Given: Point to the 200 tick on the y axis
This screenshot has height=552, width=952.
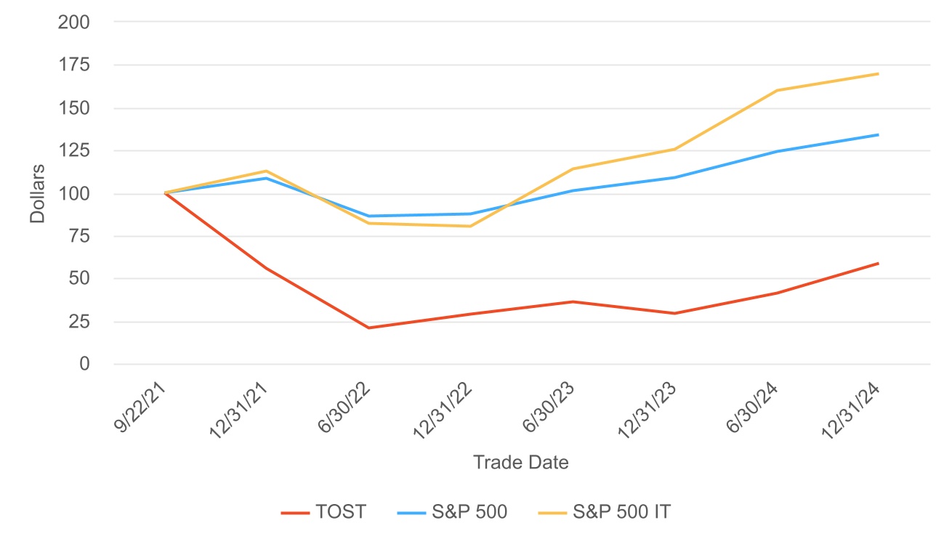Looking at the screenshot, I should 74,23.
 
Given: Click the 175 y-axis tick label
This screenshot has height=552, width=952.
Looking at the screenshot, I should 74,65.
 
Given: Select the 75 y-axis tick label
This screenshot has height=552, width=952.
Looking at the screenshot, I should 78,237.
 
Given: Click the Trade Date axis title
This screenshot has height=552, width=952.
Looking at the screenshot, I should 520,463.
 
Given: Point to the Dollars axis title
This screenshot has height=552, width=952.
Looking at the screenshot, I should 38,193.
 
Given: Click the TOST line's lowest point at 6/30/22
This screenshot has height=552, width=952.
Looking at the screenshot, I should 369,328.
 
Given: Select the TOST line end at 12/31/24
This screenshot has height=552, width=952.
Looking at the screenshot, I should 879,263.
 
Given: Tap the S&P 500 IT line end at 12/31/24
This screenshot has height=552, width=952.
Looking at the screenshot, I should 879,73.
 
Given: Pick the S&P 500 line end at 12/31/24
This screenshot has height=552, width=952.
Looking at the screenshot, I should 879,134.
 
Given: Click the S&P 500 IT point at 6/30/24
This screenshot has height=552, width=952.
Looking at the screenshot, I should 777,91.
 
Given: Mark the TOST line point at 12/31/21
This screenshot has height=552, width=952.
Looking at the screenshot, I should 267,269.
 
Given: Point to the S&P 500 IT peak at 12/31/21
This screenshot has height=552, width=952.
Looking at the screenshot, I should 267,171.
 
